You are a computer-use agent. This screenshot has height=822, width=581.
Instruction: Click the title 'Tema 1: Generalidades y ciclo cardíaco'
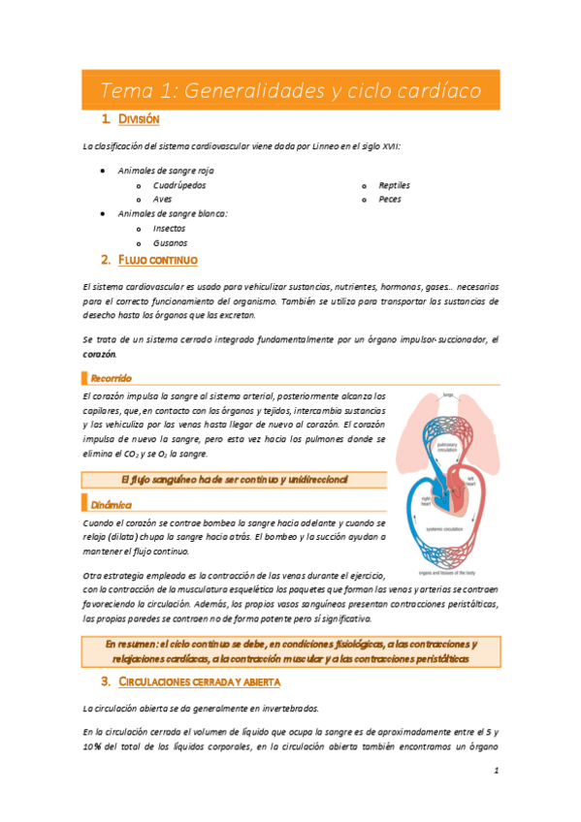(x=290, y=91)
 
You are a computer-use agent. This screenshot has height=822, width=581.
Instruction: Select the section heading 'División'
(x=139, y=120)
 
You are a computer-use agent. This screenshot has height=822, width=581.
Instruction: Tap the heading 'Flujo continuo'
(x=157, y=261)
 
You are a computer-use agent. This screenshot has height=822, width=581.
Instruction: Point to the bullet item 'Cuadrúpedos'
(x=179, y=184)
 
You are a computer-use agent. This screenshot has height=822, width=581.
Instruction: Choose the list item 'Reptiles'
(x=395, y=184)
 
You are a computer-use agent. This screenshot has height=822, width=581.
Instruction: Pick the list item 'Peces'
(x=390, y=199)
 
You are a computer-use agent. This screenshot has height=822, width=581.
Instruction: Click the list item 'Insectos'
(x=171, y=228)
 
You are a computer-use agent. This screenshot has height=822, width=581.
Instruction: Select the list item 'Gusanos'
(x=171, y=242)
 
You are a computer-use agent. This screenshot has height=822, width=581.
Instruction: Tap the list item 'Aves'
(x=163, y=199)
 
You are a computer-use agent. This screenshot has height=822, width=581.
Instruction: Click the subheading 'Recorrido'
(x=111, y=377)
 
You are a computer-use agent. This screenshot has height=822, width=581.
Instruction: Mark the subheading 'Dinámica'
(x=109, y=504)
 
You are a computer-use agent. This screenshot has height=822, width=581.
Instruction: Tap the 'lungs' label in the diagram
(x=447, y=395)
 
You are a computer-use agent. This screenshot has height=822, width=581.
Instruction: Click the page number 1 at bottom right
(x=495, y=773)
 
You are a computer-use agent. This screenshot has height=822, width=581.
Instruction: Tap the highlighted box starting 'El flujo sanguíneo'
(x=233, y=480)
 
